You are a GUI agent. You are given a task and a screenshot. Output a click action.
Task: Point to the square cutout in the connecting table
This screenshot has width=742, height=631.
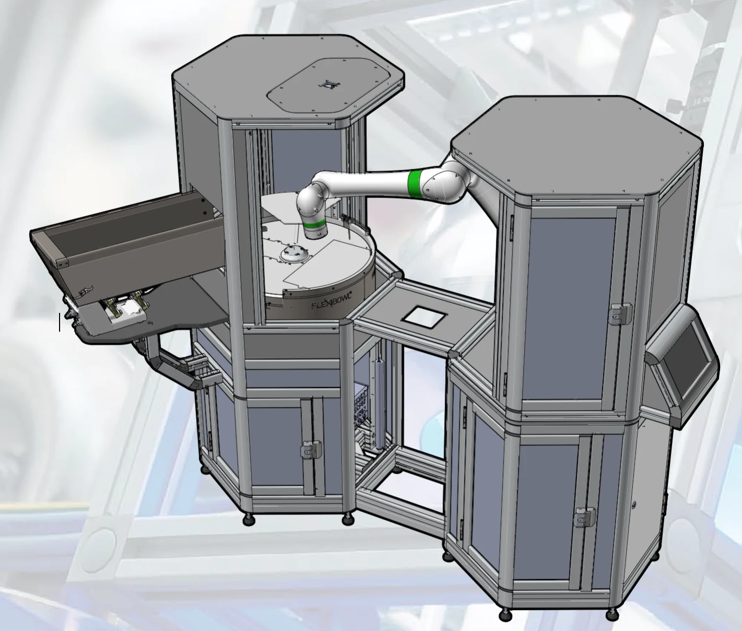(x=424, y=316)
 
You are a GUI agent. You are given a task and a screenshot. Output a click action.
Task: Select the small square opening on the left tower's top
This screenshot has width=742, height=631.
(x=329, y=85)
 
